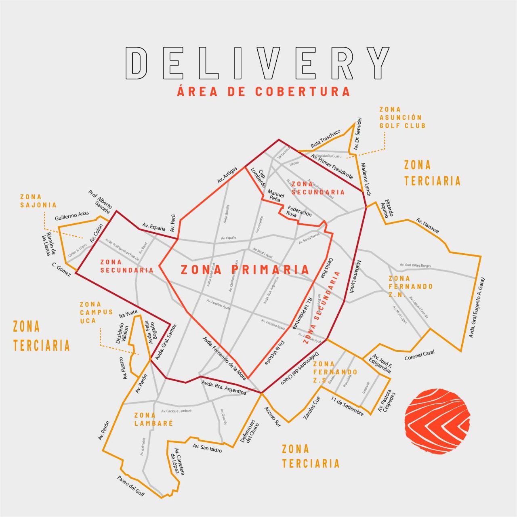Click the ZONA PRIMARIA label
click(x=245, y=270)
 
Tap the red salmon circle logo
click(x=437, y=422)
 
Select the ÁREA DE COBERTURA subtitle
click(x=263, y=91)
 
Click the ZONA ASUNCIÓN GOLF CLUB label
click(x=402, y=118)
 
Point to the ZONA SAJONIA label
click(x=38, y=201)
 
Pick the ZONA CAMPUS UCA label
click(x=96, y=313)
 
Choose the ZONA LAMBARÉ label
click(x=153, y=419)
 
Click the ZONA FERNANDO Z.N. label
click(x=410, y=286)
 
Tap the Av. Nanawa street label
click(x=428, y=225)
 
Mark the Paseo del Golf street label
click(x=131, y=486)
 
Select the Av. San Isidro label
click(x=207, y=448)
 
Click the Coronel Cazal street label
click(x=420, y=355)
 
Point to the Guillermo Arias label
click(x=72, y=216)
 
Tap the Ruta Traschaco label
click(x=326, y=139)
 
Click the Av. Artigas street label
click(x=227, y=175)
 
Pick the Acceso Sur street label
click(x=272, y=417)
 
